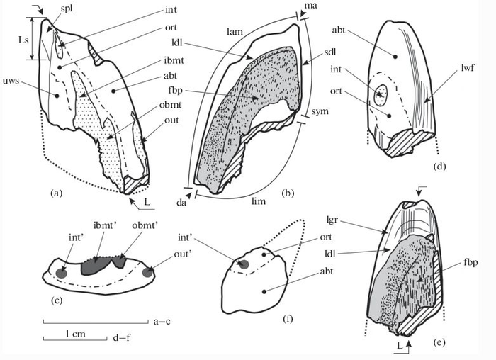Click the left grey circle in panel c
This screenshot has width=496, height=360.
coord(61,272)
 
